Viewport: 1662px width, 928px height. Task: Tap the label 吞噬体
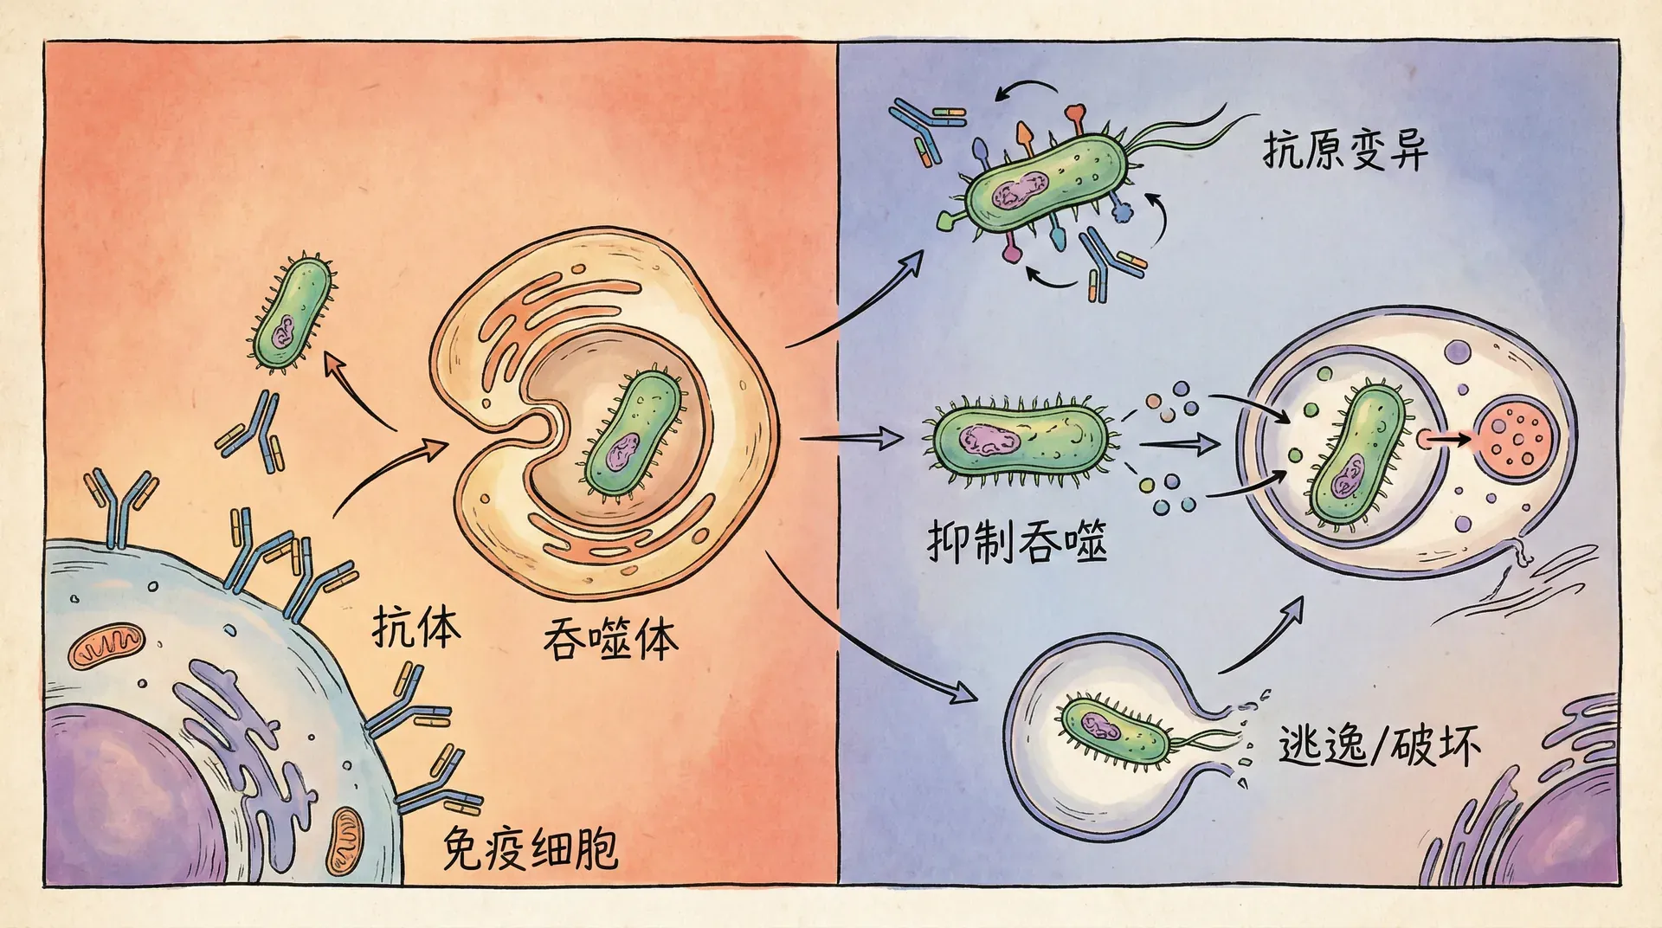pos(610,640)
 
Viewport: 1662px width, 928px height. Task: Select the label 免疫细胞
pos(530,848)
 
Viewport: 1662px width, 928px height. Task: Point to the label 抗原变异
pos(1344,151)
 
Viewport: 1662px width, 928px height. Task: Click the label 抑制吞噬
pos(1017,542)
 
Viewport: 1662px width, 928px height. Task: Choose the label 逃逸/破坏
pos(1379,745)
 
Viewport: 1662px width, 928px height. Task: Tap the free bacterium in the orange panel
pos(293,312)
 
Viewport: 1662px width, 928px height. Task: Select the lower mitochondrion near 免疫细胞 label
pos(346,840)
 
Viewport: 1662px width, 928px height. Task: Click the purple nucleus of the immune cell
pos(121,796)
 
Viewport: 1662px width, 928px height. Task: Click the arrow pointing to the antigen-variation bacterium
pos(857,303)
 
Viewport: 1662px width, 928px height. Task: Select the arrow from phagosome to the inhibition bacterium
pos(853,439)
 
